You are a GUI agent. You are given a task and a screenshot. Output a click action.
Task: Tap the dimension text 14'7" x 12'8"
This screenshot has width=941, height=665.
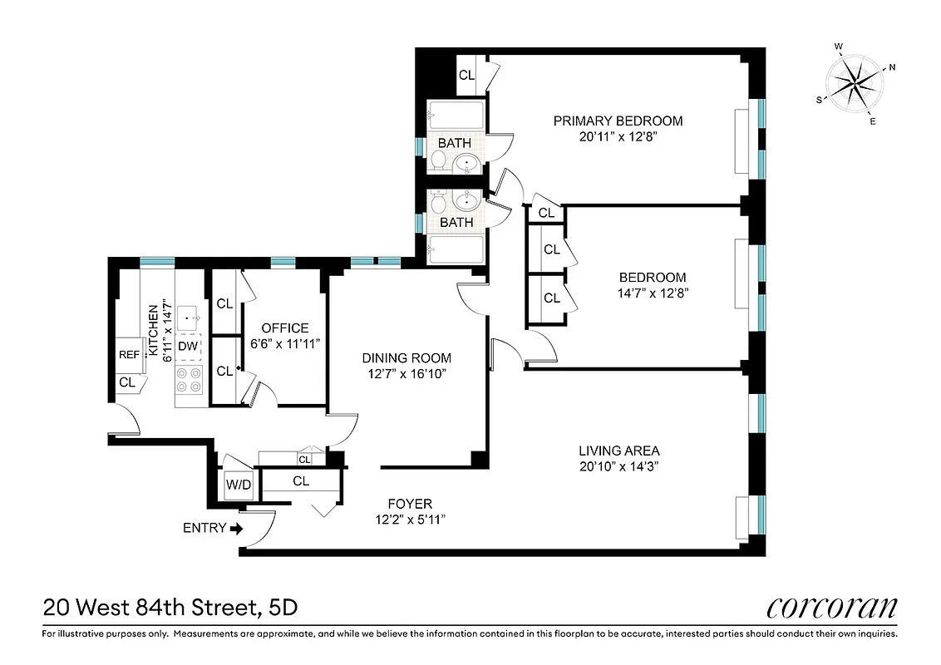[653, 293]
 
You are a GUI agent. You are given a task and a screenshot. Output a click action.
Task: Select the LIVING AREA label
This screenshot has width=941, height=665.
[618, 451]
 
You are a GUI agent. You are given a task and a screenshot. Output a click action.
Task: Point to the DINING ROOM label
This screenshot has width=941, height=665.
[406, 358]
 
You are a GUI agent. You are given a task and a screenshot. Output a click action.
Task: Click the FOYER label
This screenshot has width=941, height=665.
[410, 504]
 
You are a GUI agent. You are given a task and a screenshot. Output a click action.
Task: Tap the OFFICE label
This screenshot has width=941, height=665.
[284, 328]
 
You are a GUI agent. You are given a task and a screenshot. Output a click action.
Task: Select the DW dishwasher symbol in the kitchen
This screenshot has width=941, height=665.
[189, 346]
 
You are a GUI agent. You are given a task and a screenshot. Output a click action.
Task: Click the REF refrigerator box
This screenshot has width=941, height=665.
[129, 354]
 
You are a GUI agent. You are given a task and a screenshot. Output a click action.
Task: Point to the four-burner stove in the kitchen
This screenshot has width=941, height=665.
[189, 381]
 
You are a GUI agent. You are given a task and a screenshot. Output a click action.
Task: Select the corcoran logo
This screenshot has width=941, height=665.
[831, 608]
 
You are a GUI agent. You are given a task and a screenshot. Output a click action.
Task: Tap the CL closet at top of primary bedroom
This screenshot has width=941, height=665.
[467, 75]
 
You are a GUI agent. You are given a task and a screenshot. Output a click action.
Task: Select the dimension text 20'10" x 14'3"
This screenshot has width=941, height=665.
[619, 466]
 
